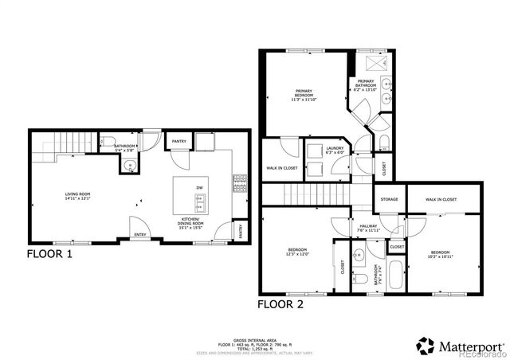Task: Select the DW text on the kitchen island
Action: pos(199,187)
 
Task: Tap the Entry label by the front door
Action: pos(140,234)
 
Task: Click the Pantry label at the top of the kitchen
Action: pos(178,143)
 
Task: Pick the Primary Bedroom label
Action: pos(304,95)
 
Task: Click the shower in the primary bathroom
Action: pos(372,63)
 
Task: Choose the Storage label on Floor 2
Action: pos(389,199)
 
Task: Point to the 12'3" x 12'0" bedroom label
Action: pos(297,252)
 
